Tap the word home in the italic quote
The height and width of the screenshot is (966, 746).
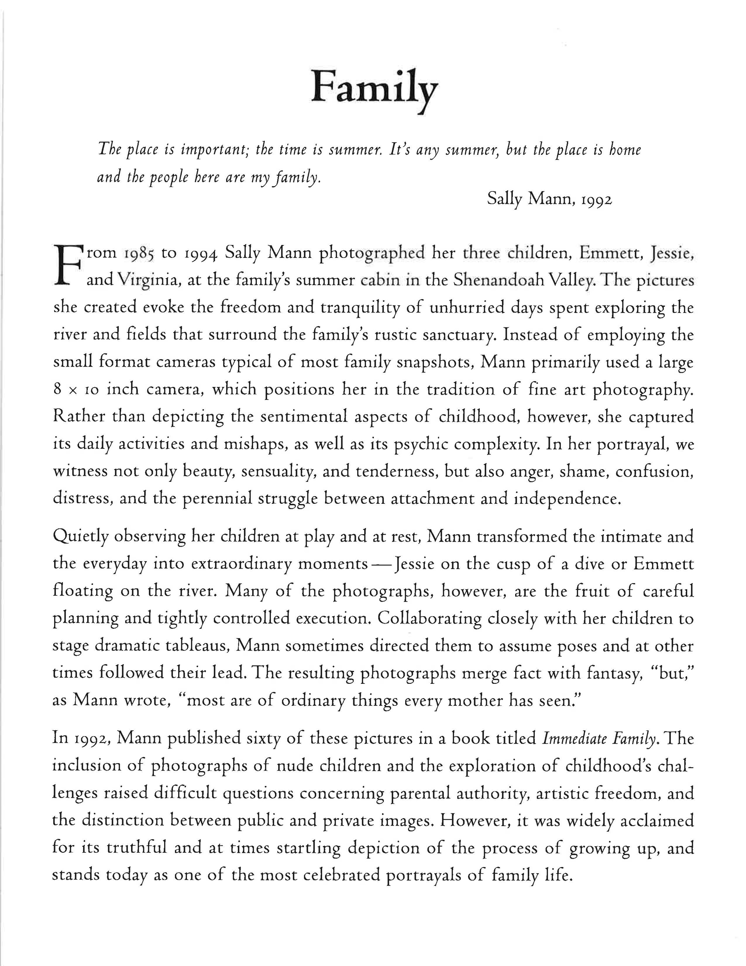(625, 150)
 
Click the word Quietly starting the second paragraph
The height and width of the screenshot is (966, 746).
(81, 536)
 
